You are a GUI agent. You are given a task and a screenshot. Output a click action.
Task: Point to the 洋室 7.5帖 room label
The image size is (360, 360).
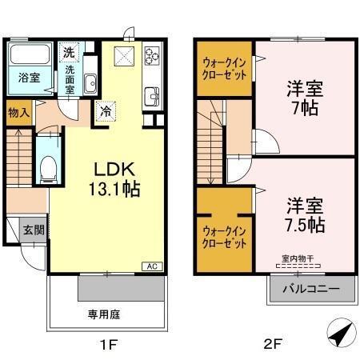pos(302,214)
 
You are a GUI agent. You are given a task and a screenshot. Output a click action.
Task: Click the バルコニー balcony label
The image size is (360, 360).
pos(310,287)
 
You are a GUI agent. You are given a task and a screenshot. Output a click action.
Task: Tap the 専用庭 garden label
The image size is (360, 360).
pos(104,314)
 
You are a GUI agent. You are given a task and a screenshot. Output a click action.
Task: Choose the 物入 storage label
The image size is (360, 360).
pos(19,112)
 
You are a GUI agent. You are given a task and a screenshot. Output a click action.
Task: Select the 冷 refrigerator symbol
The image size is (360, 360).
pos(104,111)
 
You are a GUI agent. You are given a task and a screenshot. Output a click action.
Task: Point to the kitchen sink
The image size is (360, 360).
pos(151,98)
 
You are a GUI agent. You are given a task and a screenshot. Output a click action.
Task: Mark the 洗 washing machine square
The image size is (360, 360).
pos(70,52)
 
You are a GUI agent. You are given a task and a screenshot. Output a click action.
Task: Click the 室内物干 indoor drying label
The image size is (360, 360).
pos(298,258)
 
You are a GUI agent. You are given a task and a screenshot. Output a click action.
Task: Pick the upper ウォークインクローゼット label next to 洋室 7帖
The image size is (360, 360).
pos(224,65)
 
